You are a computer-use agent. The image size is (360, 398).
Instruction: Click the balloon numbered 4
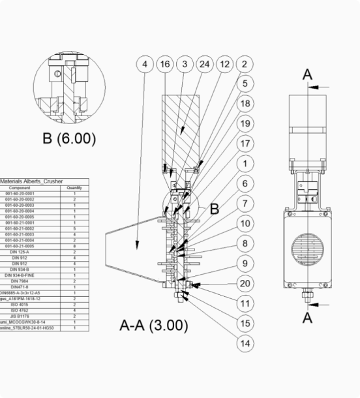pyautogui.click(x=145, y=64)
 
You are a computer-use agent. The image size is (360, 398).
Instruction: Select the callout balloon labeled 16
pyautogui.click(x=165, y=64)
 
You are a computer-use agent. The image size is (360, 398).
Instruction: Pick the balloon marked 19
pyautogui.click(x=245, y=123)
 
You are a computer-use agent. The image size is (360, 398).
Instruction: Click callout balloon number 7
pyautogui.click(x=245, y=204)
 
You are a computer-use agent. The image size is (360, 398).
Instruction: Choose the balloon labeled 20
pyautogui.click(x=245, y=283)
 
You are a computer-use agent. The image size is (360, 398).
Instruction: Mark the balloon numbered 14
pyautogui.click(x=245, y=343)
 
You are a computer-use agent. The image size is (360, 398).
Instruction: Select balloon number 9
pyautogui.click(x=245, y=264)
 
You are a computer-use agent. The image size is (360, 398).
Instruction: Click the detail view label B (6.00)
pyautogui.click(x=68, y=138)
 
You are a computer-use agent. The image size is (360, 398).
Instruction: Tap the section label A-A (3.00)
pyautogui.click(x=154, y=326)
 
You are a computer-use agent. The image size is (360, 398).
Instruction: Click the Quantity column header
pyautogui.click(x=74, y=188)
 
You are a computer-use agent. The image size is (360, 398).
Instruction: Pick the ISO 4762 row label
pyautogui.click(x=19, y=310)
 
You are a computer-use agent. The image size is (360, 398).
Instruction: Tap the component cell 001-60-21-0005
pyautogui.click(x=19, y=246)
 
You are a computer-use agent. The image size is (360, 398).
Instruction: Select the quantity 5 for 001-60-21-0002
pyautogui.click(x=75, y=228)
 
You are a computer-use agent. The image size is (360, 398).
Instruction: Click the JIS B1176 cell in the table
pyautogui.click(x=19, y=316)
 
